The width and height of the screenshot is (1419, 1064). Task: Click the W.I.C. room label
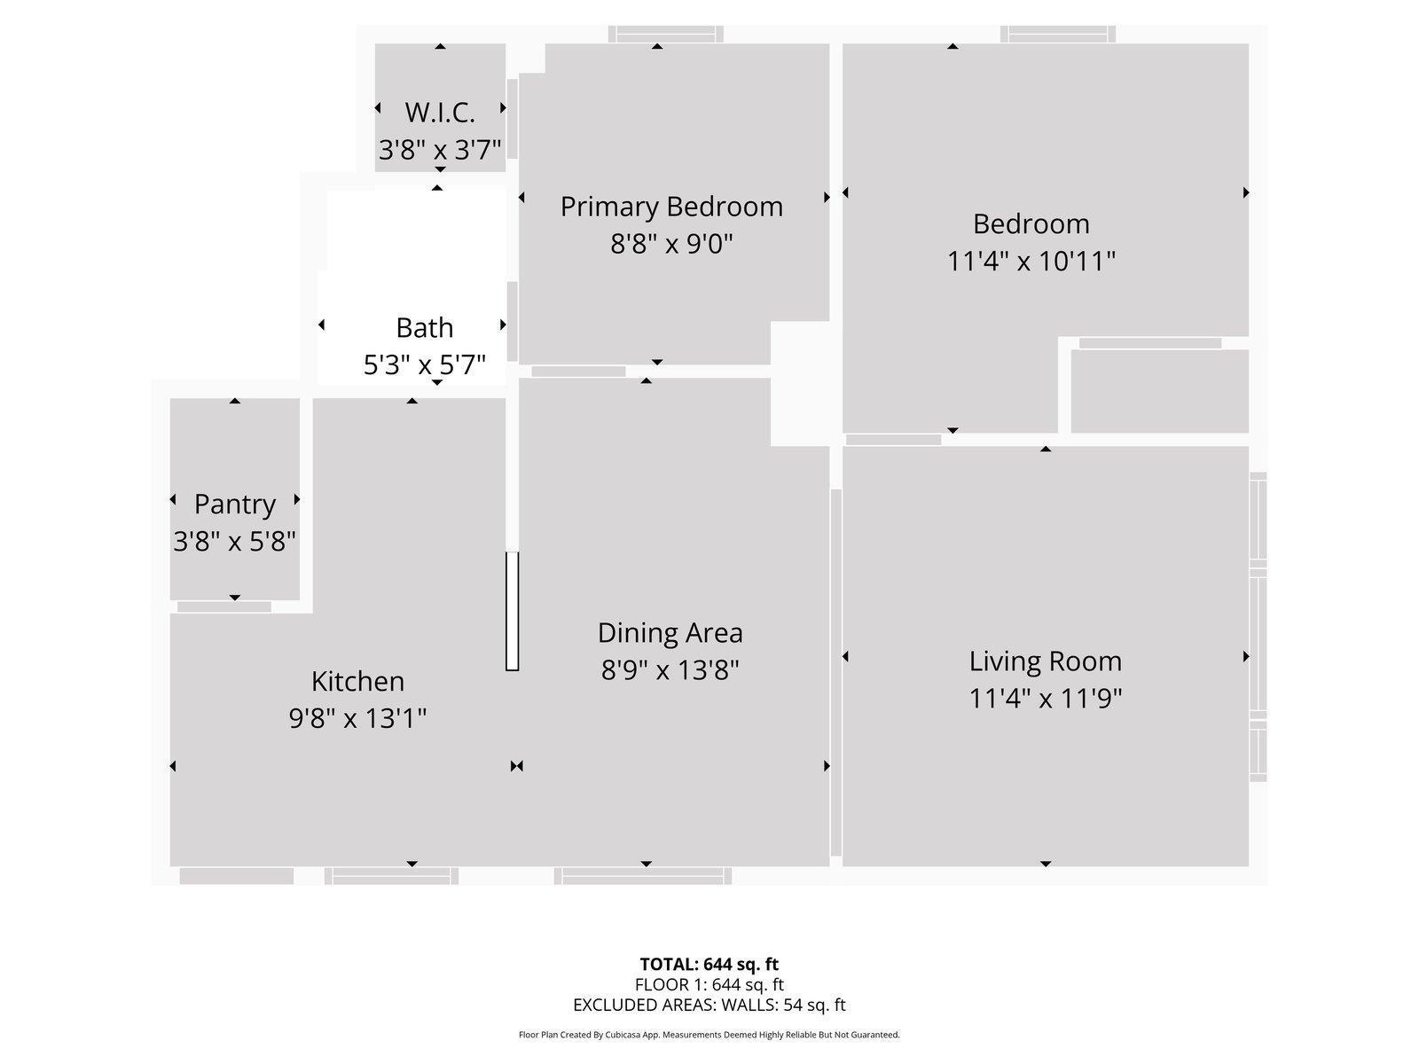[440, 113]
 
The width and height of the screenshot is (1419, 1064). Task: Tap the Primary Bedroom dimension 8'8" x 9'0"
[671, 243]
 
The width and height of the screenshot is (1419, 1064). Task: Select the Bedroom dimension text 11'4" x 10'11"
[1031, 261]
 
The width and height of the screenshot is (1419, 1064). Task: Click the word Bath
[424, 327]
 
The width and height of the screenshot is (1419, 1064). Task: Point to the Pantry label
[235, 504]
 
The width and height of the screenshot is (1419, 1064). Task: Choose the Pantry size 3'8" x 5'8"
[234, 541]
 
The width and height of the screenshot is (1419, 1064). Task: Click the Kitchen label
[357, 681]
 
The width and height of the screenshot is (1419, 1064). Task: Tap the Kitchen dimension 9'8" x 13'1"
[357, 717]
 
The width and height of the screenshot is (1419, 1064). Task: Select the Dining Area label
[670, 632]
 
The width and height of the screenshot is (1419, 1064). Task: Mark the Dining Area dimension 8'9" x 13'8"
[670, 669]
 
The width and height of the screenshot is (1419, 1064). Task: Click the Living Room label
[1045, 661]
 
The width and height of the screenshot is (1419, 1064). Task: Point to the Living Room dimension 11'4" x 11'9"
[1045, 699]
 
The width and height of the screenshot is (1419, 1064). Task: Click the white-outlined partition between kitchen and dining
[512, 611]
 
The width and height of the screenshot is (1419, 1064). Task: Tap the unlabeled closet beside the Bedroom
[1159, 391]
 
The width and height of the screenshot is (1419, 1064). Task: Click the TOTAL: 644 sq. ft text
[709, 964]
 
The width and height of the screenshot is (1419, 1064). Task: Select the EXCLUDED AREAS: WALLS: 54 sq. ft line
[709, 1005]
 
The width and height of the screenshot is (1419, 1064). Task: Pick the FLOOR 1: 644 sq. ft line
[709, 984]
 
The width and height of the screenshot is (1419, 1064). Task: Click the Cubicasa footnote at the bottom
[709, 1035]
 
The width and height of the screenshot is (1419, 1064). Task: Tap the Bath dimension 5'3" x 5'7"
[424, 364]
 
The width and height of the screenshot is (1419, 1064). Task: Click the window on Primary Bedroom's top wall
[665, 35]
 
